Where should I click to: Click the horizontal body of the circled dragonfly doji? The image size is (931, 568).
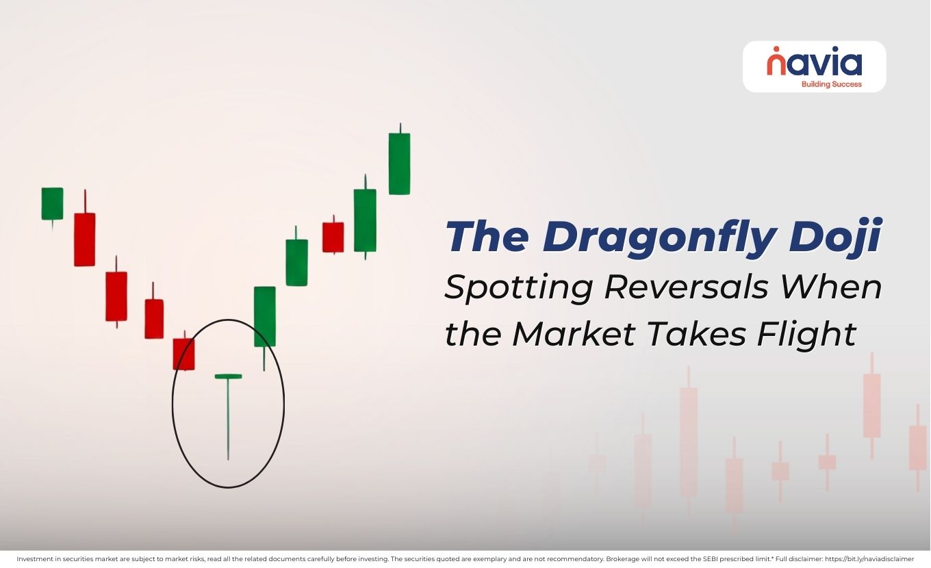coord(228,376)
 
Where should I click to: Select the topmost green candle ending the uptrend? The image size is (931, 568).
coord(399,164)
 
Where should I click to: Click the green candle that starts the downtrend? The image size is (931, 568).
coord(52,203)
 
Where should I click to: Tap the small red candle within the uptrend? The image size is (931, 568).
coord(333,237)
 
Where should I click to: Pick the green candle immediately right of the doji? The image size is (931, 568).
coord(265,316)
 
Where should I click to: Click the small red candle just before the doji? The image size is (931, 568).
coord(183,354)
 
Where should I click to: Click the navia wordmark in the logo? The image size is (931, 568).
coord(814,63)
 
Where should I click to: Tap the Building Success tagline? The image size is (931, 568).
coord(831,85)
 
